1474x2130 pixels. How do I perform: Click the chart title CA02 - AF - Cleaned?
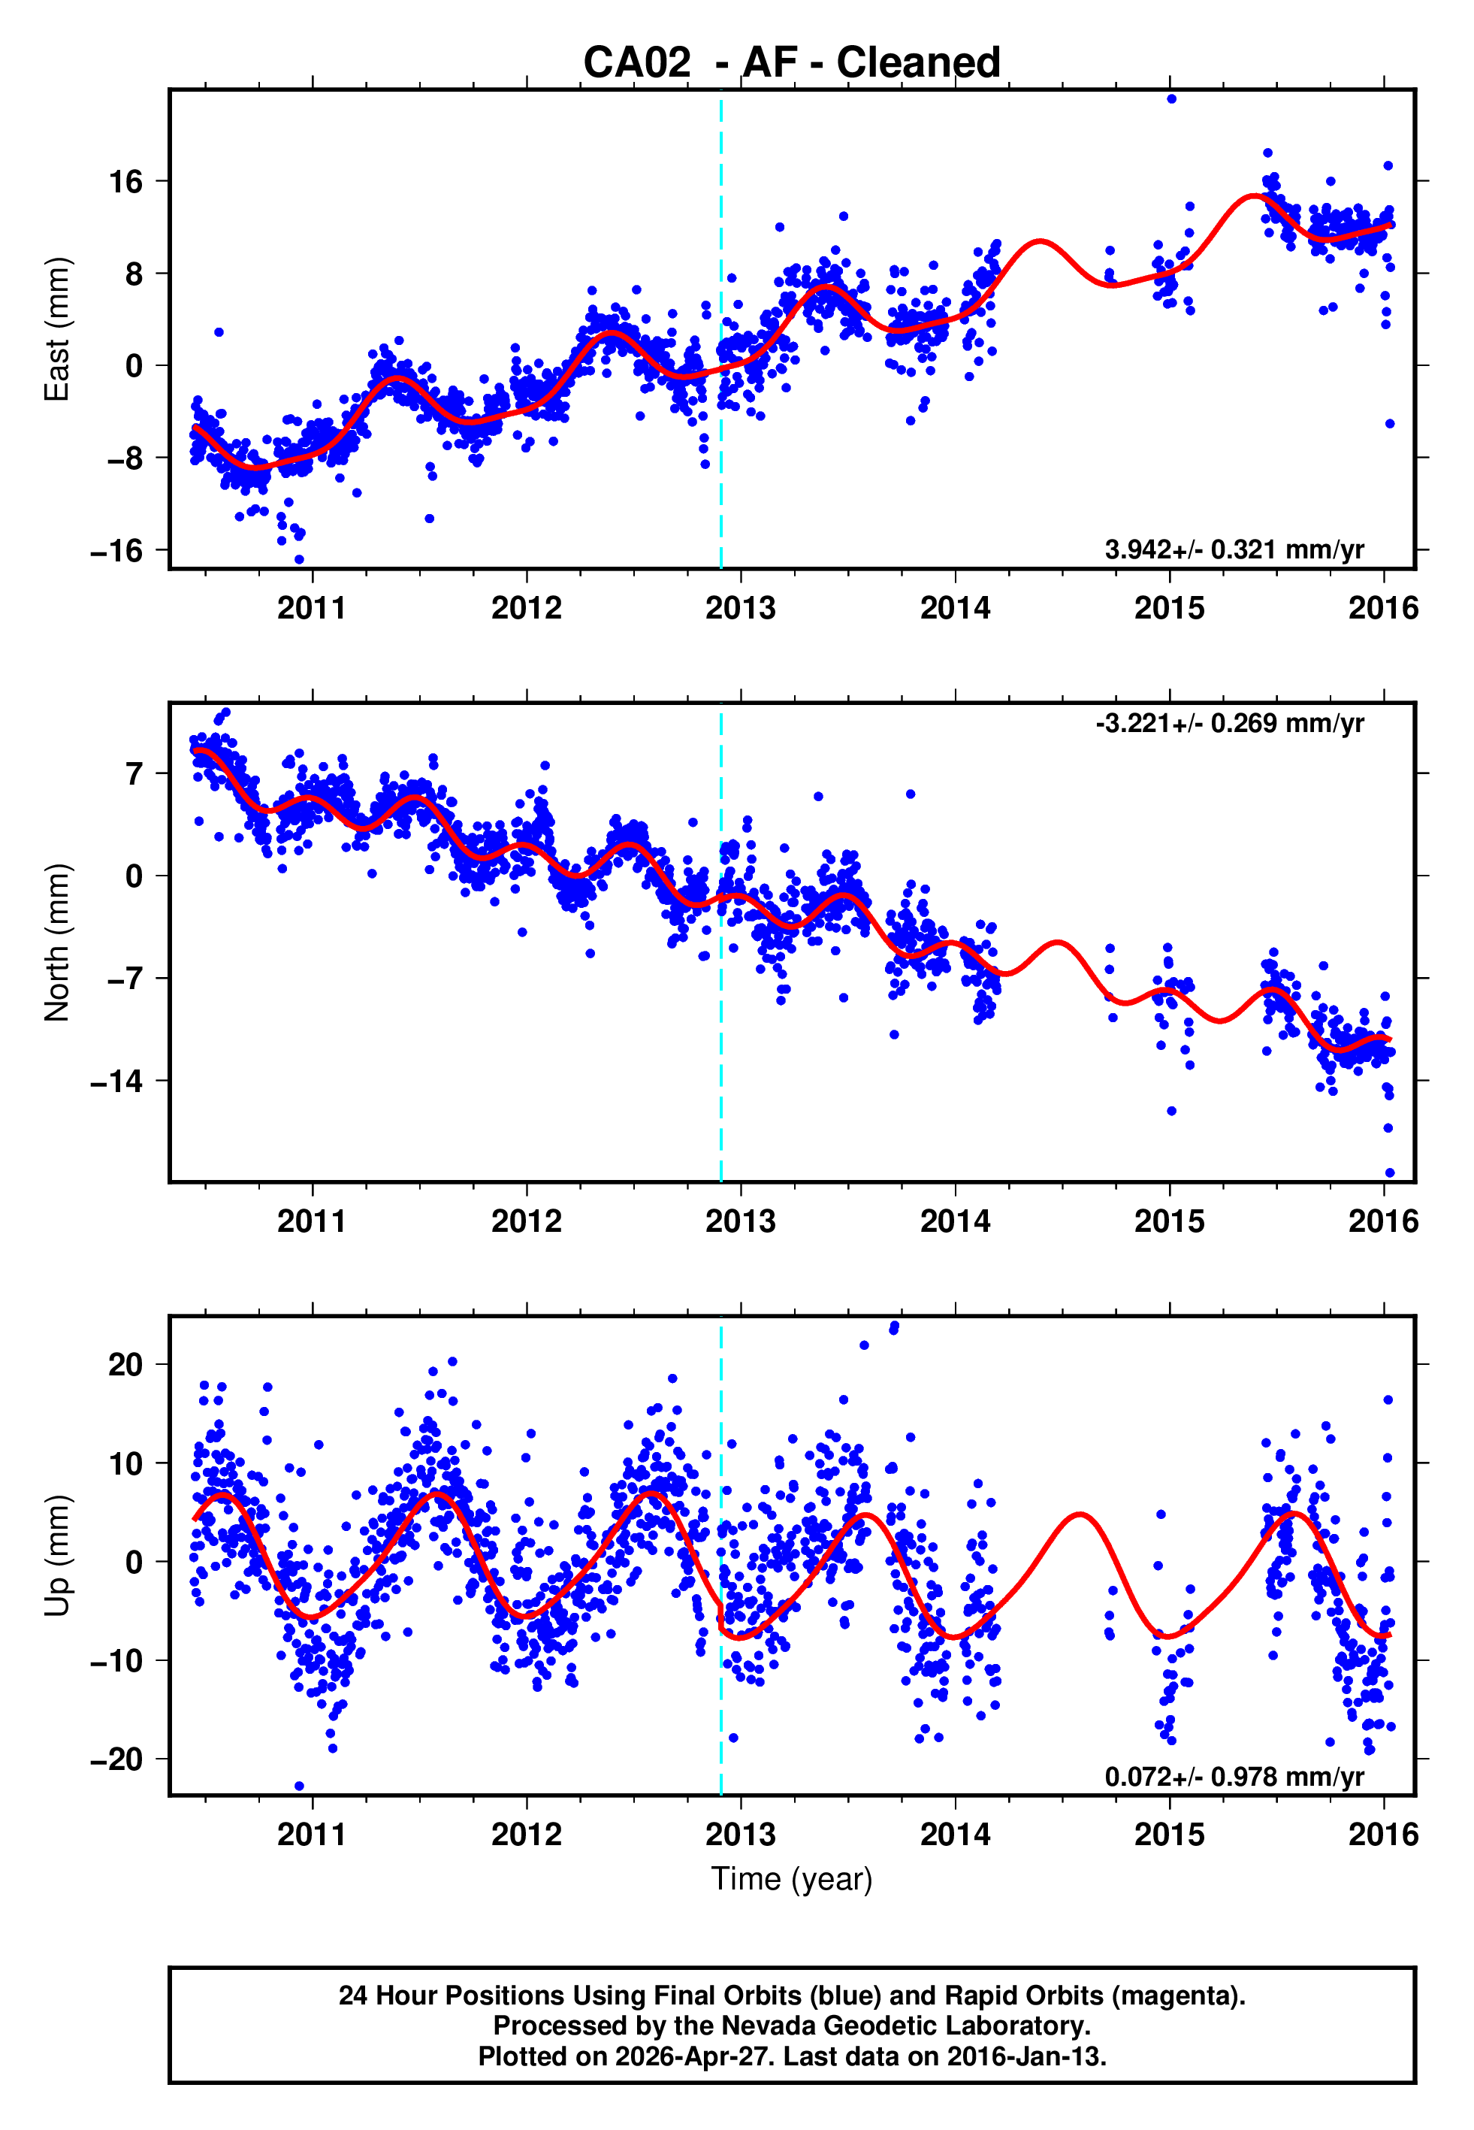click(x=792, y=63)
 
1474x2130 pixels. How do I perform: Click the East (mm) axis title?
click(x=56, y=330)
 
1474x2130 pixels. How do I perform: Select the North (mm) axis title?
click(x=56, y=942)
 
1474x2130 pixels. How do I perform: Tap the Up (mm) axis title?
click(x=56, y=1556)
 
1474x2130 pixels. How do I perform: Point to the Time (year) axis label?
click(x=792, y=1880)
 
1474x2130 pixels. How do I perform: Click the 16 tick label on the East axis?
click(x=126, y=182)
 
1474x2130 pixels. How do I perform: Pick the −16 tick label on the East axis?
click(x=117, y=552)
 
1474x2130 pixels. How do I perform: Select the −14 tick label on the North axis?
click(x=117, y=1081)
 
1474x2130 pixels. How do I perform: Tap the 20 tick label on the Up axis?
click(x=126, y=1364)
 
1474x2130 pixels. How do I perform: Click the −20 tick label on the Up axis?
click(x=117, y=1759)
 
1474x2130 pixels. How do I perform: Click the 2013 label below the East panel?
click(x=741, y=609)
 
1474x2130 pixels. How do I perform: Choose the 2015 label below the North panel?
click(x=1169, y=1222)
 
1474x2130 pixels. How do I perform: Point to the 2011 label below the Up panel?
click(x=313, y=1835)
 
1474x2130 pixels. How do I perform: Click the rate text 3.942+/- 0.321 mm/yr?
click(x=1234, y=549)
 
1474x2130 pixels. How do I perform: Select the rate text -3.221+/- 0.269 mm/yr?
click(x=1229, y=723)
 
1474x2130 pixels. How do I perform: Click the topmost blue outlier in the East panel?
click(x=1171, y=98)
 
